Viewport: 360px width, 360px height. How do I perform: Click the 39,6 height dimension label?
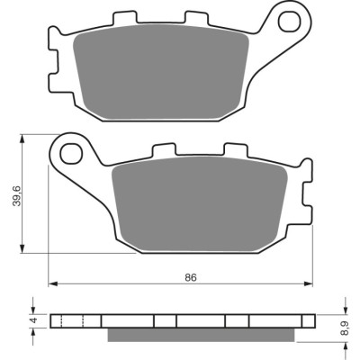[18, 195]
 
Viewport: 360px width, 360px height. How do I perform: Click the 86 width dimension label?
[191, 277]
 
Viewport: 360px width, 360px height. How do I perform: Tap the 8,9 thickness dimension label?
[346, 328]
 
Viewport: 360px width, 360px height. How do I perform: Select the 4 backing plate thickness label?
[35, 320]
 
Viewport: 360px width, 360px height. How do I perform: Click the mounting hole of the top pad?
[290, 22]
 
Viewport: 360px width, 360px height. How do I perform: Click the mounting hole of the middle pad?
[71, 154]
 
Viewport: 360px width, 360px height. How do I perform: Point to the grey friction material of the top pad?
[161, 71]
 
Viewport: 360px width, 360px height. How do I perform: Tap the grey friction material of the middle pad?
[200, 203]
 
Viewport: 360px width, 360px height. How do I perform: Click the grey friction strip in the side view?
[201, 335]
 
